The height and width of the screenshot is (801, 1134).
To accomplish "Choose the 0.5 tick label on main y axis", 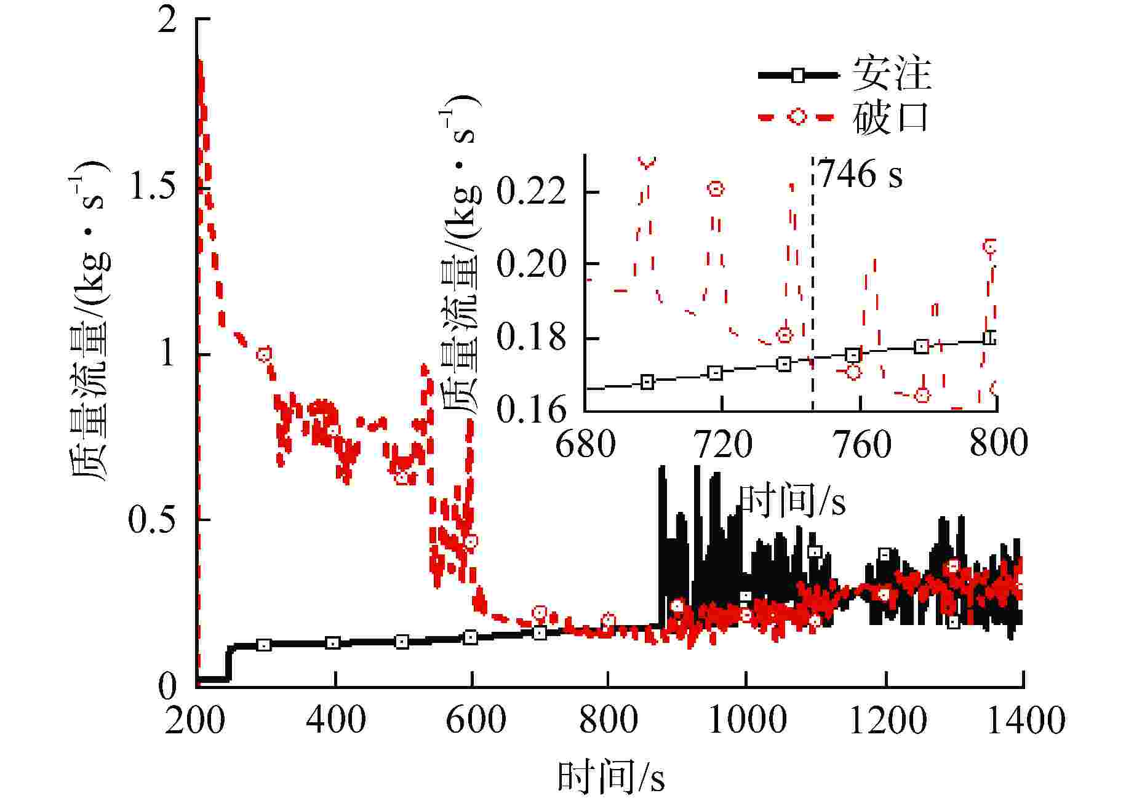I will (151, 520).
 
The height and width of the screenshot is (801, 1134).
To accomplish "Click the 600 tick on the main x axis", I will (475, 720).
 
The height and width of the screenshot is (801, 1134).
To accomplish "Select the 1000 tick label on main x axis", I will (747, 720).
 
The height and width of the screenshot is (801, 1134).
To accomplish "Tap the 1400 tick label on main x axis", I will (1025, 720).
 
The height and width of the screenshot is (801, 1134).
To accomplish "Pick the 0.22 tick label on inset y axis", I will (531, 191).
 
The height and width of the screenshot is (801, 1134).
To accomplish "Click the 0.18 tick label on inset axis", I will (531, 338).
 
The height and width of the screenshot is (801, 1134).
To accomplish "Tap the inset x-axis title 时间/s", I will (791, 501).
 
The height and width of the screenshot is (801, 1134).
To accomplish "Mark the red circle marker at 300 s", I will (264, 354).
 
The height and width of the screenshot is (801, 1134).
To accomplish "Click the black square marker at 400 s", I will (332, 644).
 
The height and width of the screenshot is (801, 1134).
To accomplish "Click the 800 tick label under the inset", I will (998, 443).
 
